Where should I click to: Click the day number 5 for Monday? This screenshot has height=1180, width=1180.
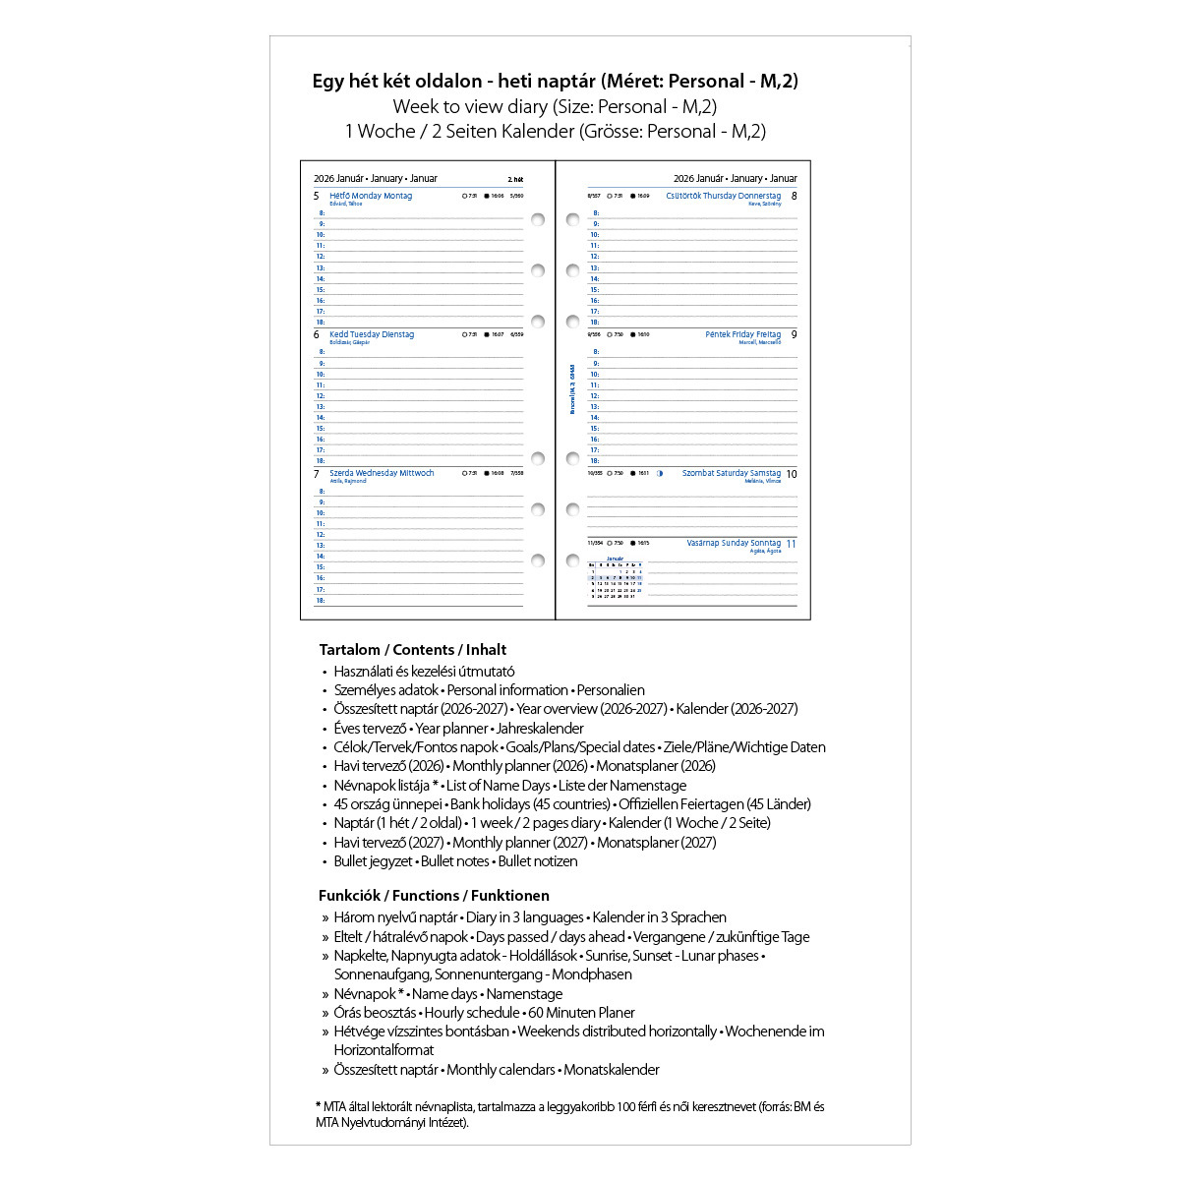coord(316,197)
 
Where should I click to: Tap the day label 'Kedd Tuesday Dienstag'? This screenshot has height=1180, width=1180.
coord(372,334)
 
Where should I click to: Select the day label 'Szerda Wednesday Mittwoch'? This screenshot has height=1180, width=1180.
coord(382,473)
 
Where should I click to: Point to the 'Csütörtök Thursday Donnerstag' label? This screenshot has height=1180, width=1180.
coord(723,196)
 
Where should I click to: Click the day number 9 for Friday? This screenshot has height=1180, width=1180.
coord(794,335)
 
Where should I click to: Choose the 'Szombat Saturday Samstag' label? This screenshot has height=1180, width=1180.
coord(731,473)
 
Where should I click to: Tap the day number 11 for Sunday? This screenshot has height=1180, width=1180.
coord(791,544)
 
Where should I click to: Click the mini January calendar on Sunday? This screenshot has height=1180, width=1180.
coord(615,578)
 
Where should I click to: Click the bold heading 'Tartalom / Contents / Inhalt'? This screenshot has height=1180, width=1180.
coord(413,650)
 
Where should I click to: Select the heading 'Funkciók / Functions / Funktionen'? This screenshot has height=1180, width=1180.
coord(434,896)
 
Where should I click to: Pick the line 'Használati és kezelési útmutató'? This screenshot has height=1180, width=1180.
coord(424,672)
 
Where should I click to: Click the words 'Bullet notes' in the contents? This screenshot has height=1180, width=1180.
coord(454,861)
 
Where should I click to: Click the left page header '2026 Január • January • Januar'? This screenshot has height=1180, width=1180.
coord(376,179)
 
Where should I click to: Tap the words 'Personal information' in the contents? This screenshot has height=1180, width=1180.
coord(507,690)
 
